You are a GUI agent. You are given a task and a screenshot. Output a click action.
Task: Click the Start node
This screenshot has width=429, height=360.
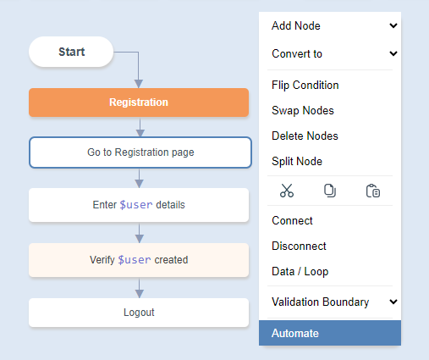71,52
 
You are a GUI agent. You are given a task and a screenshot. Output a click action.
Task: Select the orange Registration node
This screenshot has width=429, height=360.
139,102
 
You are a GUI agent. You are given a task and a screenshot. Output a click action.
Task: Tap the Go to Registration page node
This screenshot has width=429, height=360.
140,152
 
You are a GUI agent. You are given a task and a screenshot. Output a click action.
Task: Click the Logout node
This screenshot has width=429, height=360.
139,313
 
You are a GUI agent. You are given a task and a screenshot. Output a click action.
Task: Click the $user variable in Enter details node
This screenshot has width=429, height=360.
136,205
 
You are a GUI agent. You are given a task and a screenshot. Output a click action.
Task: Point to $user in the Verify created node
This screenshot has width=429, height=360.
135,260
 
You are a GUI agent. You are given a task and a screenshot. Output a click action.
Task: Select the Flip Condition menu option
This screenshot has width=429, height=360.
305,85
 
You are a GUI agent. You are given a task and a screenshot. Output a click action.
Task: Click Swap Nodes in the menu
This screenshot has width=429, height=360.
303,110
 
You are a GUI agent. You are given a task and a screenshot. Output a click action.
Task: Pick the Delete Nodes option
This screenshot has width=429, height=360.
305,136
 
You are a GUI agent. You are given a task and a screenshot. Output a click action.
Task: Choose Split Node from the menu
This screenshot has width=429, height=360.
297,161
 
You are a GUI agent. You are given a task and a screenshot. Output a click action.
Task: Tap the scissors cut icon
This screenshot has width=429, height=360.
287,191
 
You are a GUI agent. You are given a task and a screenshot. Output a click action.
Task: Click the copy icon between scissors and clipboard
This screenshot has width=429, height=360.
330,191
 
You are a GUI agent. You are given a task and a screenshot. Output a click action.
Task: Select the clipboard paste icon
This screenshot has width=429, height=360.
373,191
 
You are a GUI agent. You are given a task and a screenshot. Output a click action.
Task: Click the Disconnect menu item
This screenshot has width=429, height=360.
299,246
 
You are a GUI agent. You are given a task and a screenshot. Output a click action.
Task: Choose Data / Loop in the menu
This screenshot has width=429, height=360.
300,271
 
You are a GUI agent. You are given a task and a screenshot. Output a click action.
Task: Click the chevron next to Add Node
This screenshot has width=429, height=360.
393,25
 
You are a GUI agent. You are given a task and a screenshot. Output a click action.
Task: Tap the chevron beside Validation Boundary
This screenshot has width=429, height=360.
393,302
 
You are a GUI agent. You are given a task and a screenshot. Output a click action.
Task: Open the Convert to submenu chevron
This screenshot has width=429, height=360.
393,53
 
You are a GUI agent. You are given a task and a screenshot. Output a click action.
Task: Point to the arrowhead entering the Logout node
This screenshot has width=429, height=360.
139,294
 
